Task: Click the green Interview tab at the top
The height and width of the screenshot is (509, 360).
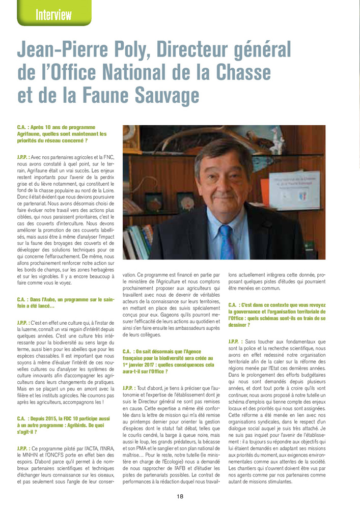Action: point(53,14)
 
